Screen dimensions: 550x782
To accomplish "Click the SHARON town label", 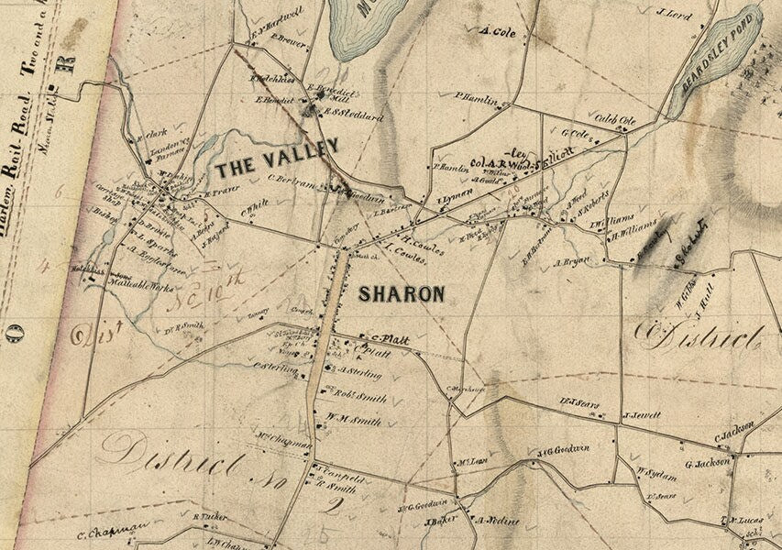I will pos(401,294).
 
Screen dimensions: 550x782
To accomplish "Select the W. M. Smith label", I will pos(353,420).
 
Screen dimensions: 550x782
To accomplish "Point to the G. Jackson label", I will pos(705,463).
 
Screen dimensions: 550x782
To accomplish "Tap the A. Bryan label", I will pos(571,262).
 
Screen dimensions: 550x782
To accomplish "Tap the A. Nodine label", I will pos(497,521).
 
